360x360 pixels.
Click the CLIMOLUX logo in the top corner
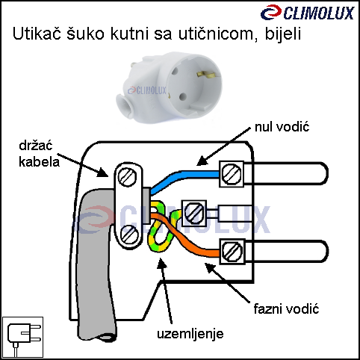tap(307, 13)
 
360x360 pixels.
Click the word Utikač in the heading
tap(37, 34)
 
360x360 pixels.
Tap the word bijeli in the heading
tap(283, 34)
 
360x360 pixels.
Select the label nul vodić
tap(282, 127)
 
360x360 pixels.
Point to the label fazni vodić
tap(286, 308)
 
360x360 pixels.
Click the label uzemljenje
tap(190, 334)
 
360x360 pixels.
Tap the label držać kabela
tap(39, 154)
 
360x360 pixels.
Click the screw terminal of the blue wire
tap(232, 174)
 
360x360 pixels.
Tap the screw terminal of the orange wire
tap(232, 251)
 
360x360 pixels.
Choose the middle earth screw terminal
tap(194, 213)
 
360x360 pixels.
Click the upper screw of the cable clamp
tap(127, 176)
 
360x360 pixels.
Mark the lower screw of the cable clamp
tap(129, 235)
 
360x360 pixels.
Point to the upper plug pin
tap(286, 173)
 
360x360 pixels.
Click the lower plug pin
tap(287, 251)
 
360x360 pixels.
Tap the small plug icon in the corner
tap(23, 337)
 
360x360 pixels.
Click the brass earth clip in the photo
tap(205, 74)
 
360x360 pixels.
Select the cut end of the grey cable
tap(106, 338)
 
